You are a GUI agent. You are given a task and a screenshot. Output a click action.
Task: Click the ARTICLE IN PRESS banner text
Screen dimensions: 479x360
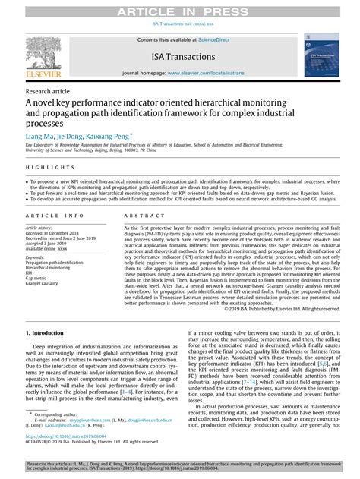181,9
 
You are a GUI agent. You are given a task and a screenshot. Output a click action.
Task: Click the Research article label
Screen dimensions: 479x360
46,90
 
